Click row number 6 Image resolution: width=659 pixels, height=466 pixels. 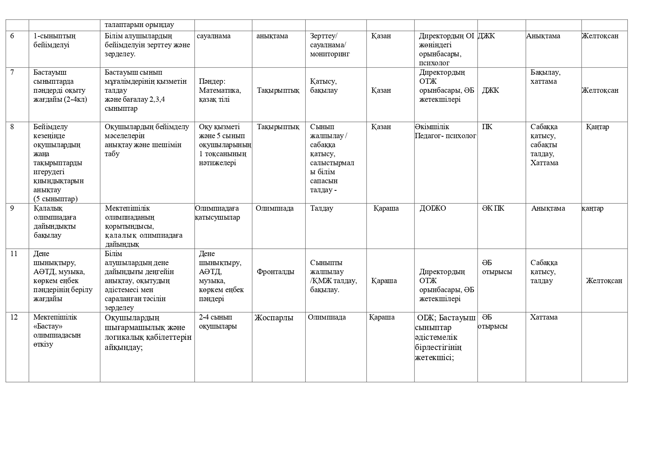click(x=12, y=36)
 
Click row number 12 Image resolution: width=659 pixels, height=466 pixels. click(x=14, y=317)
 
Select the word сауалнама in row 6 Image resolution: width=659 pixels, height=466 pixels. click(x=214, y=36)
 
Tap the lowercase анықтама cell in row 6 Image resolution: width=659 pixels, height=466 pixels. click(x=272, y=36)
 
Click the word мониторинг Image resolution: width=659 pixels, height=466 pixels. click(x=330, y=54)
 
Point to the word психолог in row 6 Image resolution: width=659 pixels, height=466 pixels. click(x=434, y=63)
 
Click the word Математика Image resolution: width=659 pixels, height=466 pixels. click(x=220, y=90)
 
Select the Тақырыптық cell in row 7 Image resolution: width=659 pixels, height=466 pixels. click(x=278, y=90)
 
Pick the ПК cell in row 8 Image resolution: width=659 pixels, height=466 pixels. click(x=487, y=127)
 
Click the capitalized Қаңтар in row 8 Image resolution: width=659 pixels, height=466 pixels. click(x=597, y=127)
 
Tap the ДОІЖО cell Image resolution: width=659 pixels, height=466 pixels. click(x=433, y=208)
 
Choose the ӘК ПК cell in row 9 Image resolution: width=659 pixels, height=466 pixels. click(x=493, y=208)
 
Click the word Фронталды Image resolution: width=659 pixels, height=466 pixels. click(x=276, y=272)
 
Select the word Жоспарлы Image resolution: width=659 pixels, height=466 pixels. click(x=274, y=318)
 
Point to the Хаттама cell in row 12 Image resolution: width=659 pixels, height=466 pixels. click(x=544, y=317)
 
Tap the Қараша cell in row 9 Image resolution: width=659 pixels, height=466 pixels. click(x=386, y=208)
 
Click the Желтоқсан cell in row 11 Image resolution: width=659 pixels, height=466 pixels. click(x=604, y=281)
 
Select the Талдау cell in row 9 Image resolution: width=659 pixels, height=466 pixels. click(x=322, y=208)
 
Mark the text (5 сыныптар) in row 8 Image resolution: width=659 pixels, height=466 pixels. click(x=56, y=199)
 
